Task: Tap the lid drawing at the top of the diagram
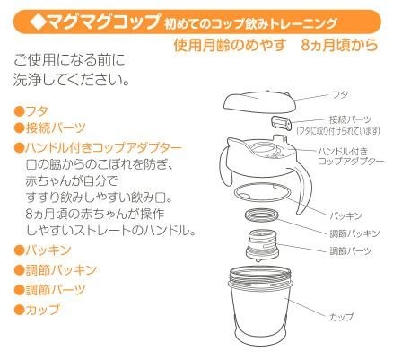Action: [x=259, y=101]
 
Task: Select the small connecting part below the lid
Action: [x=282, y=123]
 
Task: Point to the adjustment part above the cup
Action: [x=263, y=246]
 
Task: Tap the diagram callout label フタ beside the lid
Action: [x=340, y=95]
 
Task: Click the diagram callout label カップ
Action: [x=341, y=317]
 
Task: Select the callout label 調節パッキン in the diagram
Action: [x=354, y=233]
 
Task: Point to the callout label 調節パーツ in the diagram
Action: [x=350, y=250]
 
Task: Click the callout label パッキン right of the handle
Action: [x=345, y=215]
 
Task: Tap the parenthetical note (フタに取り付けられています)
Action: [x=338, y=131]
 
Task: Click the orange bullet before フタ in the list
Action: [x=19, y=111]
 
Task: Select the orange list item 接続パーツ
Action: [x=56, y=127]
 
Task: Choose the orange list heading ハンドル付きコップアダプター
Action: [x=104, y=147]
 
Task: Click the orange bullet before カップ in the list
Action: [x=19, y=310]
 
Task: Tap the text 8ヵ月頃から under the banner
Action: [x=340, y=45]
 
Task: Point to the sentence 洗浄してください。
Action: [x=72, y=81]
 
